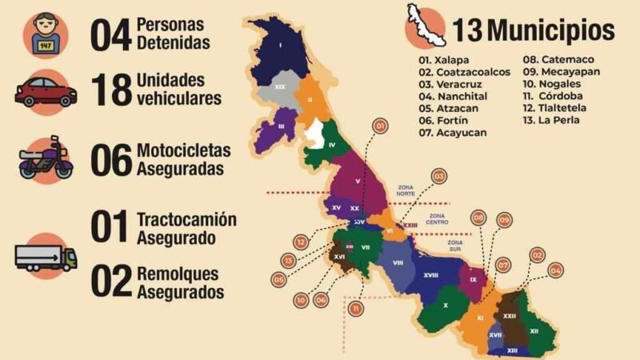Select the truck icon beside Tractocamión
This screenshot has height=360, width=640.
(x=46, y=256)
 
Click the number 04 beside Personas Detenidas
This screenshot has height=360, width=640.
(x=110, y=34)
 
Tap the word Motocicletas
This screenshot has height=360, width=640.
(x=184, y=150)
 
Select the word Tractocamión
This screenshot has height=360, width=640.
(x=186, y=220)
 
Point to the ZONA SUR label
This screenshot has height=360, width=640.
(x=455, y=246)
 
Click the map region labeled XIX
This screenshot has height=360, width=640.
(x=280, y=85)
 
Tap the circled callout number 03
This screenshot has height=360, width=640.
(x=439, y=175)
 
